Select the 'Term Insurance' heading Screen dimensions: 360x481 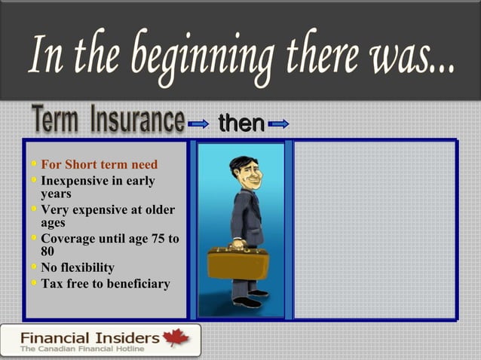(x=108, y=121)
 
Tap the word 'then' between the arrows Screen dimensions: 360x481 (x=241, y=124)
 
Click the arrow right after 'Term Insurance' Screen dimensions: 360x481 (x=199, y=124)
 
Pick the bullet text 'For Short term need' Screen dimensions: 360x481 (x=99, y=164)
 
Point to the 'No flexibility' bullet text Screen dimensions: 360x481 (x=78, y=267)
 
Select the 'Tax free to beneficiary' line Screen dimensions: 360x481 (x=105, y=284)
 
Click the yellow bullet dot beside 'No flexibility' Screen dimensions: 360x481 (x=33, y=267)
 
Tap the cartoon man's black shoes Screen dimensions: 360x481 (x=248, y=299)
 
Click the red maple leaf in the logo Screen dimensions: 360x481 (x=178, y=339)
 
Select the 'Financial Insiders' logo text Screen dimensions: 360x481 (x=90, y=337)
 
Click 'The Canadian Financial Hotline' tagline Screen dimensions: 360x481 (x=84, y=349)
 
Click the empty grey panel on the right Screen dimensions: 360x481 (x=374, y=230)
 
